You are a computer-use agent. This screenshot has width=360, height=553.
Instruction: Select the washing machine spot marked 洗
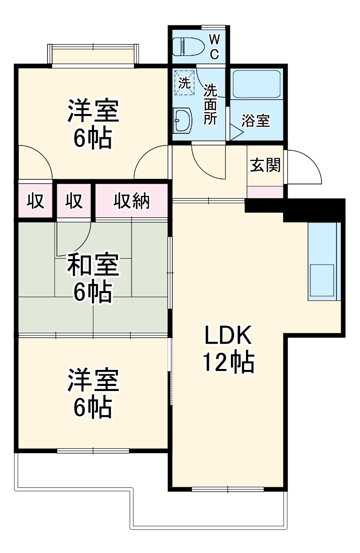(184, 84)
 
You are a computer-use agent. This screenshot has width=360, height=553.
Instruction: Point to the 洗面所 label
(210, 104)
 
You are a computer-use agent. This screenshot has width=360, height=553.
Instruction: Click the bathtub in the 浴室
(257, 84)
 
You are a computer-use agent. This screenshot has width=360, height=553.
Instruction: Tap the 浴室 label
(255, 121)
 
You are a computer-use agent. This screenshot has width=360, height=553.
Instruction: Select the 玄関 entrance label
(265, 165)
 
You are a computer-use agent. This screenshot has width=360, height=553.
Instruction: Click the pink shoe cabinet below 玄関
(265, 192)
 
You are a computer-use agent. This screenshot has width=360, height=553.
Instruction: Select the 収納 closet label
(131, 201)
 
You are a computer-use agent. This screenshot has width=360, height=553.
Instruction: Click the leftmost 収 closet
(35, 201)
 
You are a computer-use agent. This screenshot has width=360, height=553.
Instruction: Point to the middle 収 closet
(74, 201)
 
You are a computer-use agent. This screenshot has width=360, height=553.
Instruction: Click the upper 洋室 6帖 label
(92, 124)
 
